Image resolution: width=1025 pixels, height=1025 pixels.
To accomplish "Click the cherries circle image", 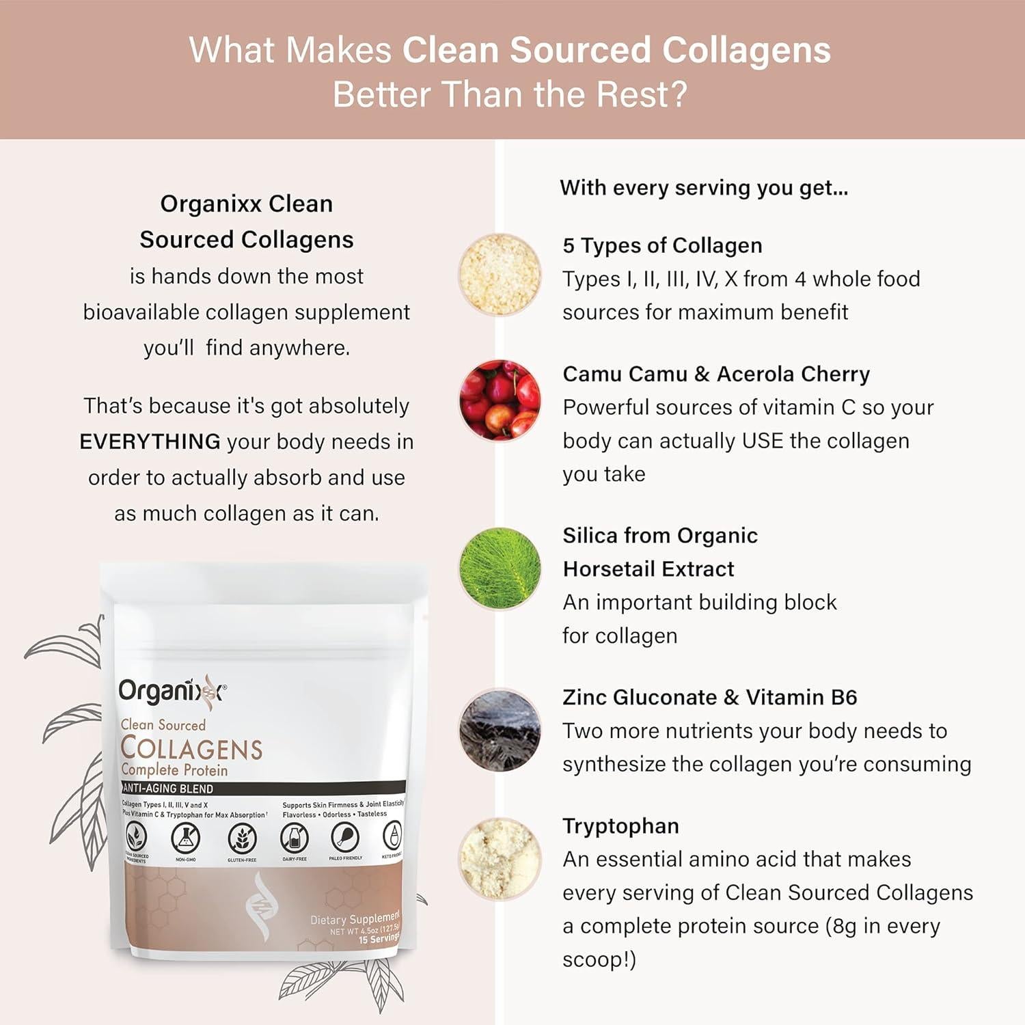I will pos(500,400).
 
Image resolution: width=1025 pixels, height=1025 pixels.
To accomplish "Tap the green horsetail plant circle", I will pos(500,568).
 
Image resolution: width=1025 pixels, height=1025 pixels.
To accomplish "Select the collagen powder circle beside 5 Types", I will pos(500,275).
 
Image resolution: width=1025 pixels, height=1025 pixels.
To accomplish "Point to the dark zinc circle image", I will pos(500,730).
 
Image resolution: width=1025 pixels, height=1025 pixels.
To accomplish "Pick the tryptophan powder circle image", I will pos(500,858).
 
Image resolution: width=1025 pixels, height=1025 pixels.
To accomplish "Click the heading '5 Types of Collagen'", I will pos(661,245).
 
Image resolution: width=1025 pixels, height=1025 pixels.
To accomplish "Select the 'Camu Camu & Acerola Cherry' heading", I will pos(715,374).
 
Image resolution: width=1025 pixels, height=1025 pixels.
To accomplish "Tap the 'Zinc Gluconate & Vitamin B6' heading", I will pos(709,697).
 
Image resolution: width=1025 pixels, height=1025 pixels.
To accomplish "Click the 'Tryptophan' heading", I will pos(620,825).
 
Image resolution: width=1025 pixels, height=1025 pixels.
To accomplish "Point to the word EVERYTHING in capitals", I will pos(150,441).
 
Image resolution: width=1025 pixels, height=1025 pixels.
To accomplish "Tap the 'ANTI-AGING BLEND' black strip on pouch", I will pos(263,788).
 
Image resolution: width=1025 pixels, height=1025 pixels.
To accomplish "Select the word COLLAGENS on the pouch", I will pos(191,749).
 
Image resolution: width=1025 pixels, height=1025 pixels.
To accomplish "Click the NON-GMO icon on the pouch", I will pos(185,838).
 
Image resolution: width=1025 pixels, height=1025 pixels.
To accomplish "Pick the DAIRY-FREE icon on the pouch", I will pos(295,838).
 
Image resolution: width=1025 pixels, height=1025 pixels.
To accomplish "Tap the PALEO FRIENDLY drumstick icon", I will pos(345,837).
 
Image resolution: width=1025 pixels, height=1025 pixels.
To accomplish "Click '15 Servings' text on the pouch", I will pos(379,939).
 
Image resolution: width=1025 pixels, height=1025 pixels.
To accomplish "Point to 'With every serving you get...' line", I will pos(704,188).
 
